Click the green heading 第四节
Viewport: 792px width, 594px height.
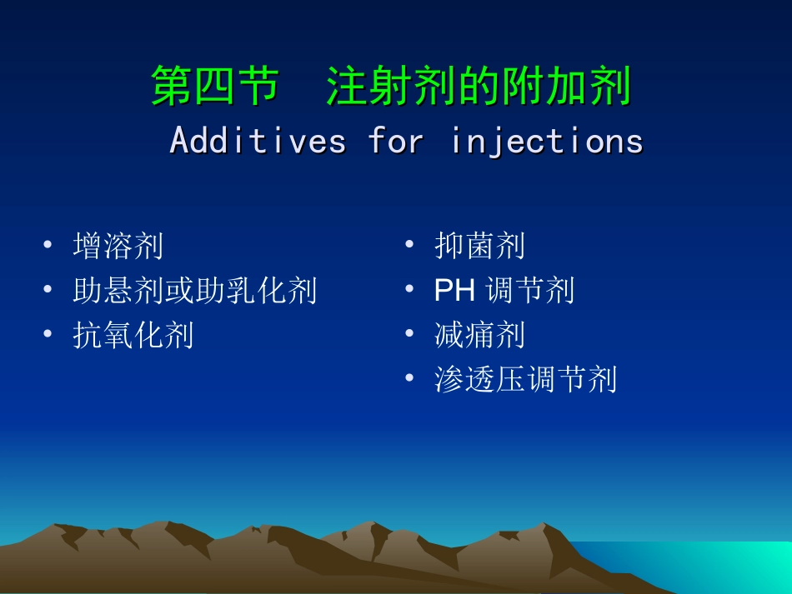point(213,87)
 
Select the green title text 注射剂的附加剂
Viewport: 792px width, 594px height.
point(479,87)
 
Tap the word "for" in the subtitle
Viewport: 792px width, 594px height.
point(396,141)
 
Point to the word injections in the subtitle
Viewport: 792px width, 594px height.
point(547,141)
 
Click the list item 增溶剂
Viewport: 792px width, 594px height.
point(118,246)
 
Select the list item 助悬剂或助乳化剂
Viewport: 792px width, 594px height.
point(195,291)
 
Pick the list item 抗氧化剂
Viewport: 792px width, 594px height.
point(133,335)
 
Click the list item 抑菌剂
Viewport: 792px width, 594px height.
point(480,246)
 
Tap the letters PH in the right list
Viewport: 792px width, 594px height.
point(455,291)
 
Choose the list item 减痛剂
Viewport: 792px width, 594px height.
point(480,335)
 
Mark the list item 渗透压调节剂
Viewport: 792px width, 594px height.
point(526,380)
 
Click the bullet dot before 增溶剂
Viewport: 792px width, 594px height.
point(48,246)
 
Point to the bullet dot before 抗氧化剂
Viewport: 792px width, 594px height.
point(48,335)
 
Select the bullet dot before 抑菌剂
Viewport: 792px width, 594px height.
point(409,246)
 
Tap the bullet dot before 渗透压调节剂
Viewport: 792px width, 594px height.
point(409,380)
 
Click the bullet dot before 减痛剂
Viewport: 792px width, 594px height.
point(409,335)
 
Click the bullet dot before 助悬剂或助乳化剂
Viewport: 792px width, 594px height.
point(48,291)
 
